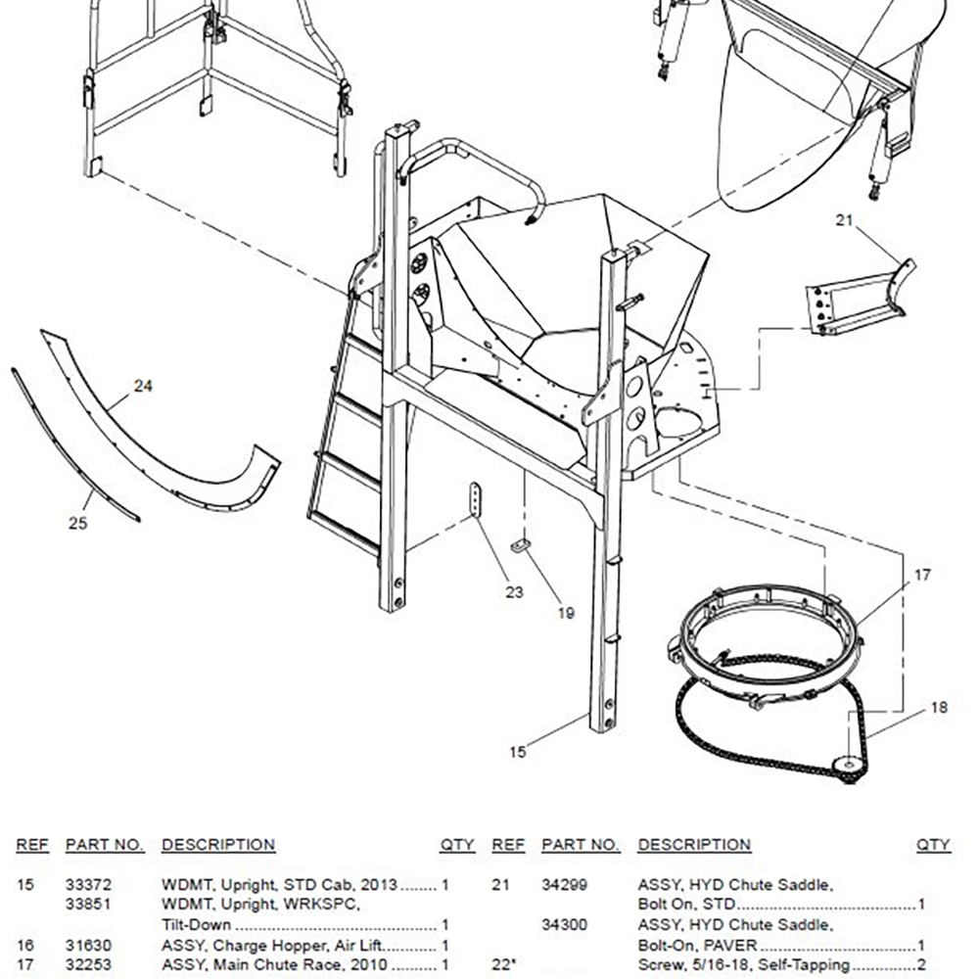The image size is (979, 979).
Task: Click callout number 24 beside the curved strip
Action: [143, 387]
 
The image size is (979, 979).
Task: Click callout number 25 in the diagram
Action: [77, 523]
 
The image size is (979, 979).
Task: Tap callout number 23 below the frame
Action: [514, 592]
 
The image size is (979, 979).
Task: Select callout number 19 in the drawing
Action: [566, 614]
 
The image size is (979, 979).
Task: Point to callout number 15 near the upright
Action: [518, 752]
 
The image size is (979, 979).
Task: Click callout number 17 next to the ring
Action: [922, 576]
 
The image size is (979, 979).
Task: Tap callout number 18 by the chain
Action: [938, 708]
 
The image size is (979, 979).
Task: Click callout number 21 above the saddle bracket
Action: [845, 221]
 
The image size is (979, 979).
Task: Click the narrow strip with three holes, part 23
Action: [475, 500]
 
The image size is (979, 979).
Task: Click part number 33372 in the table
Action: [88, 885]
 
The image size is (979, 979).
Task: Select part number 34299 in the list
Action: [565, 885]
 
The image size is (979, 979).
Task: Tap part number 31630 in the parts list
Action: [88, 946]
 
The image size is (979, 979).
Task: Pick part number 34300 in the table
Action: [565, 925]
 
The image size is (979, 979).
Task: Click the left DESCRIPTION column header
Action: [217, 845]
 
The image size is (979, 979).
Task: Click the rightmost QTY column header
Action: [932, 845]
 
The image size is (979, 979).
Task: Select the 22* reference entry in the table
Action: [503, 965]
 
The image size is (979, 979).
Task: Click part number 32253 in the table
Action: [88, 965]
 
